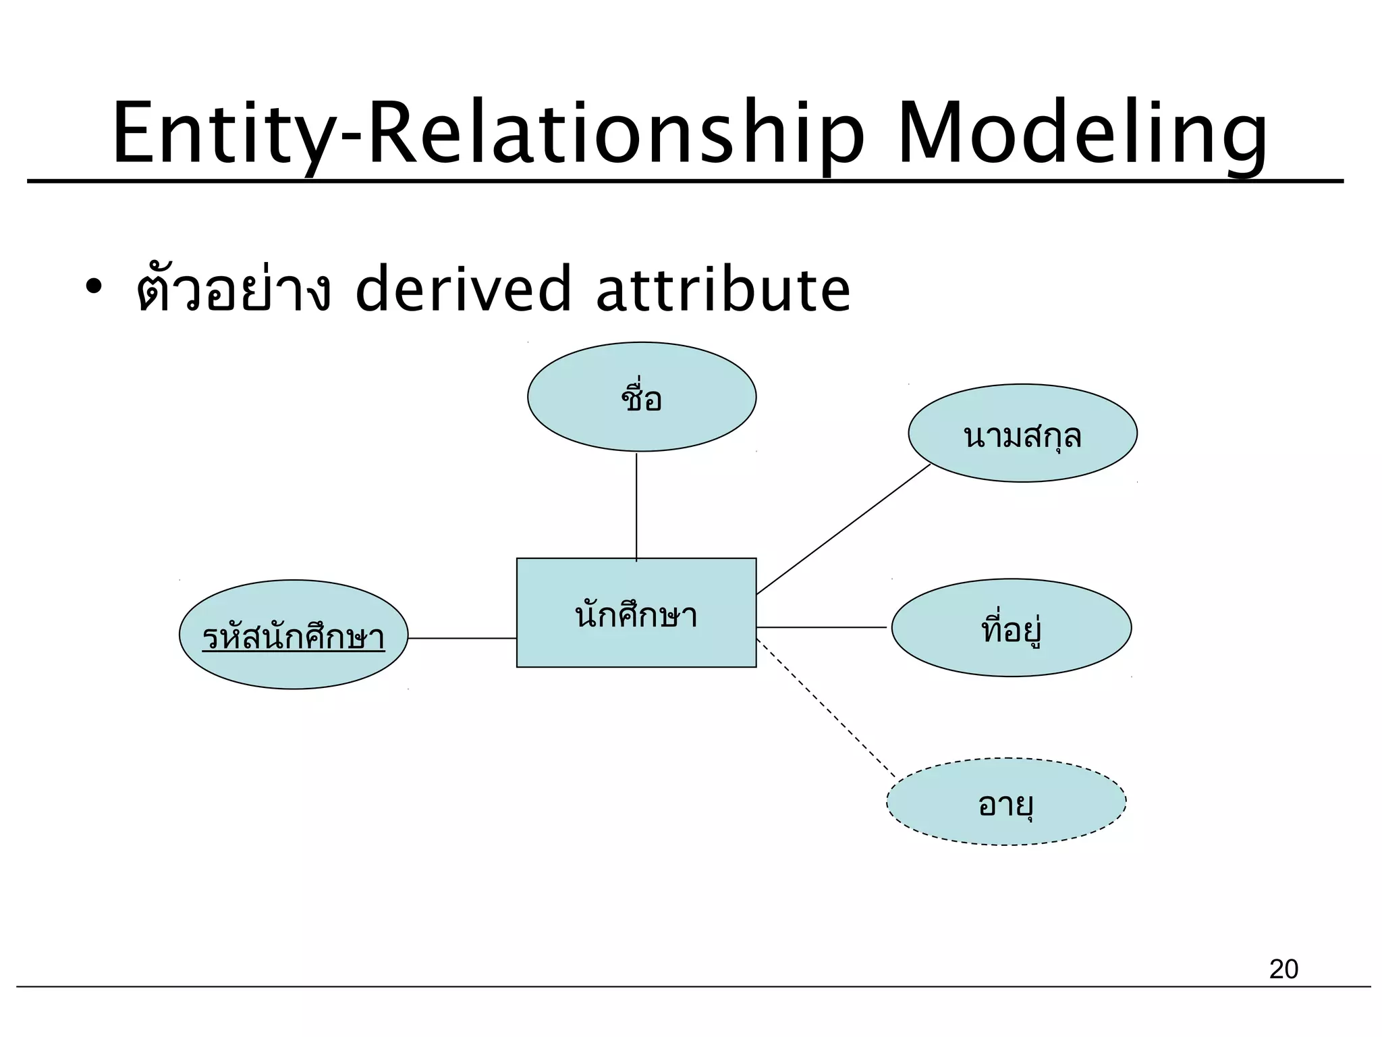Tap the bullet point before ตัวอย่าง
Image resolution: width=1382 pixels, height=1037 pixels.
point(92,288)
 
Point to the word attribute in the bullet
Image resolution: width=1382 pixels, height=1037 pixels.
point(723,289)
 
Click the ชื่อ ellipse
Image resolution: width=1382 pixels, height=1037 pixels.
point(641,397)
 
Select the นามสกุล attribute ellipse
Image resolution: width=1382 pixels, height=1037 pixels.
point(1022,433)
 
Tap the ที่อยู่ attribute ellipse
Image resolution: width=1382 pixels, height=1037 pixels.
point(1011,628)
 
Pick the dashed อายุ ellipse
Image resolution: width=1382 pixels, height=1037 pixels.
point(1005,802)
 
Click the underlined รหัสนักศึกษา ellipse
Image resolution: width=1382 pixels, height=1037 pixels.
point(294,635)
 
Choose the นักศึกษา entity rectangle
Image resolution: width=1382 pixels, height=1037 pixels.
point(636,613)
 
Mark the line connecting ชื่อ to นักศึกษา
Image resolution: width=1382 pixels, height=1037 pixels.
point(636,506)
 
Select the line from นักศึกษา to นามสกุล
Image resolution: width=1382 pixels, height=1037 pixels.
point(844,529)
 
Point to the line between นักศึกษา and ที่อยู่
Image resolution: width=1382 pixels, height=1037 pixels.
point(821,627)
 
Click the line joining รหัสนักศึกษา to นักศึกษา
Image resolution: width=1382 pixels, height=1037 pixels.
point(462,638)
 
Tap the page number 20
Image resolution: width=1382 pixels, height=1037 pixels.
point(1283,969)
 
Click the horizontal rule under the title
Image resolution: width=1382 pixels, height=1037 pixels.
point(684,182)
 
